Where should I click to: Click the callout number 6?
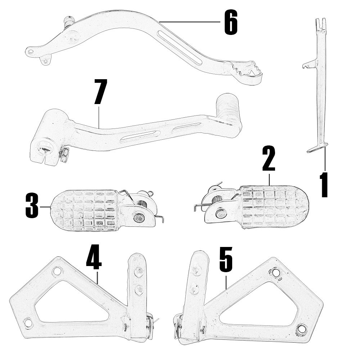tap(231, 23)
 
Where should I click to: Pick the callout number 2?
tap(269, 159)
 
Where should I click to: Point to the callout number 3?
tap(32, 206)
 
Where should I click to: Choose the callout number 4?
tap(94, 257)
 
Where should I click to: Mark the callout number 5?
tap(226, 259)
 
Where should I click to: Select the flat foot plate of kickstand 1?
tap(317, 148)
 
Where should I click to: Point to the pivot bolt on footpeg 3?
tap(139, 218)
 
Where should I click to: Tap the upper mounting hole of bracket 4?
tap(57, 271)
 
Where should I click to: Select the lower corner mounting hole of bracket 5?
tap(301, 328)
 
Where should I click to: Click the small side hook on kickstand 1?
tap(309, 64)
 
